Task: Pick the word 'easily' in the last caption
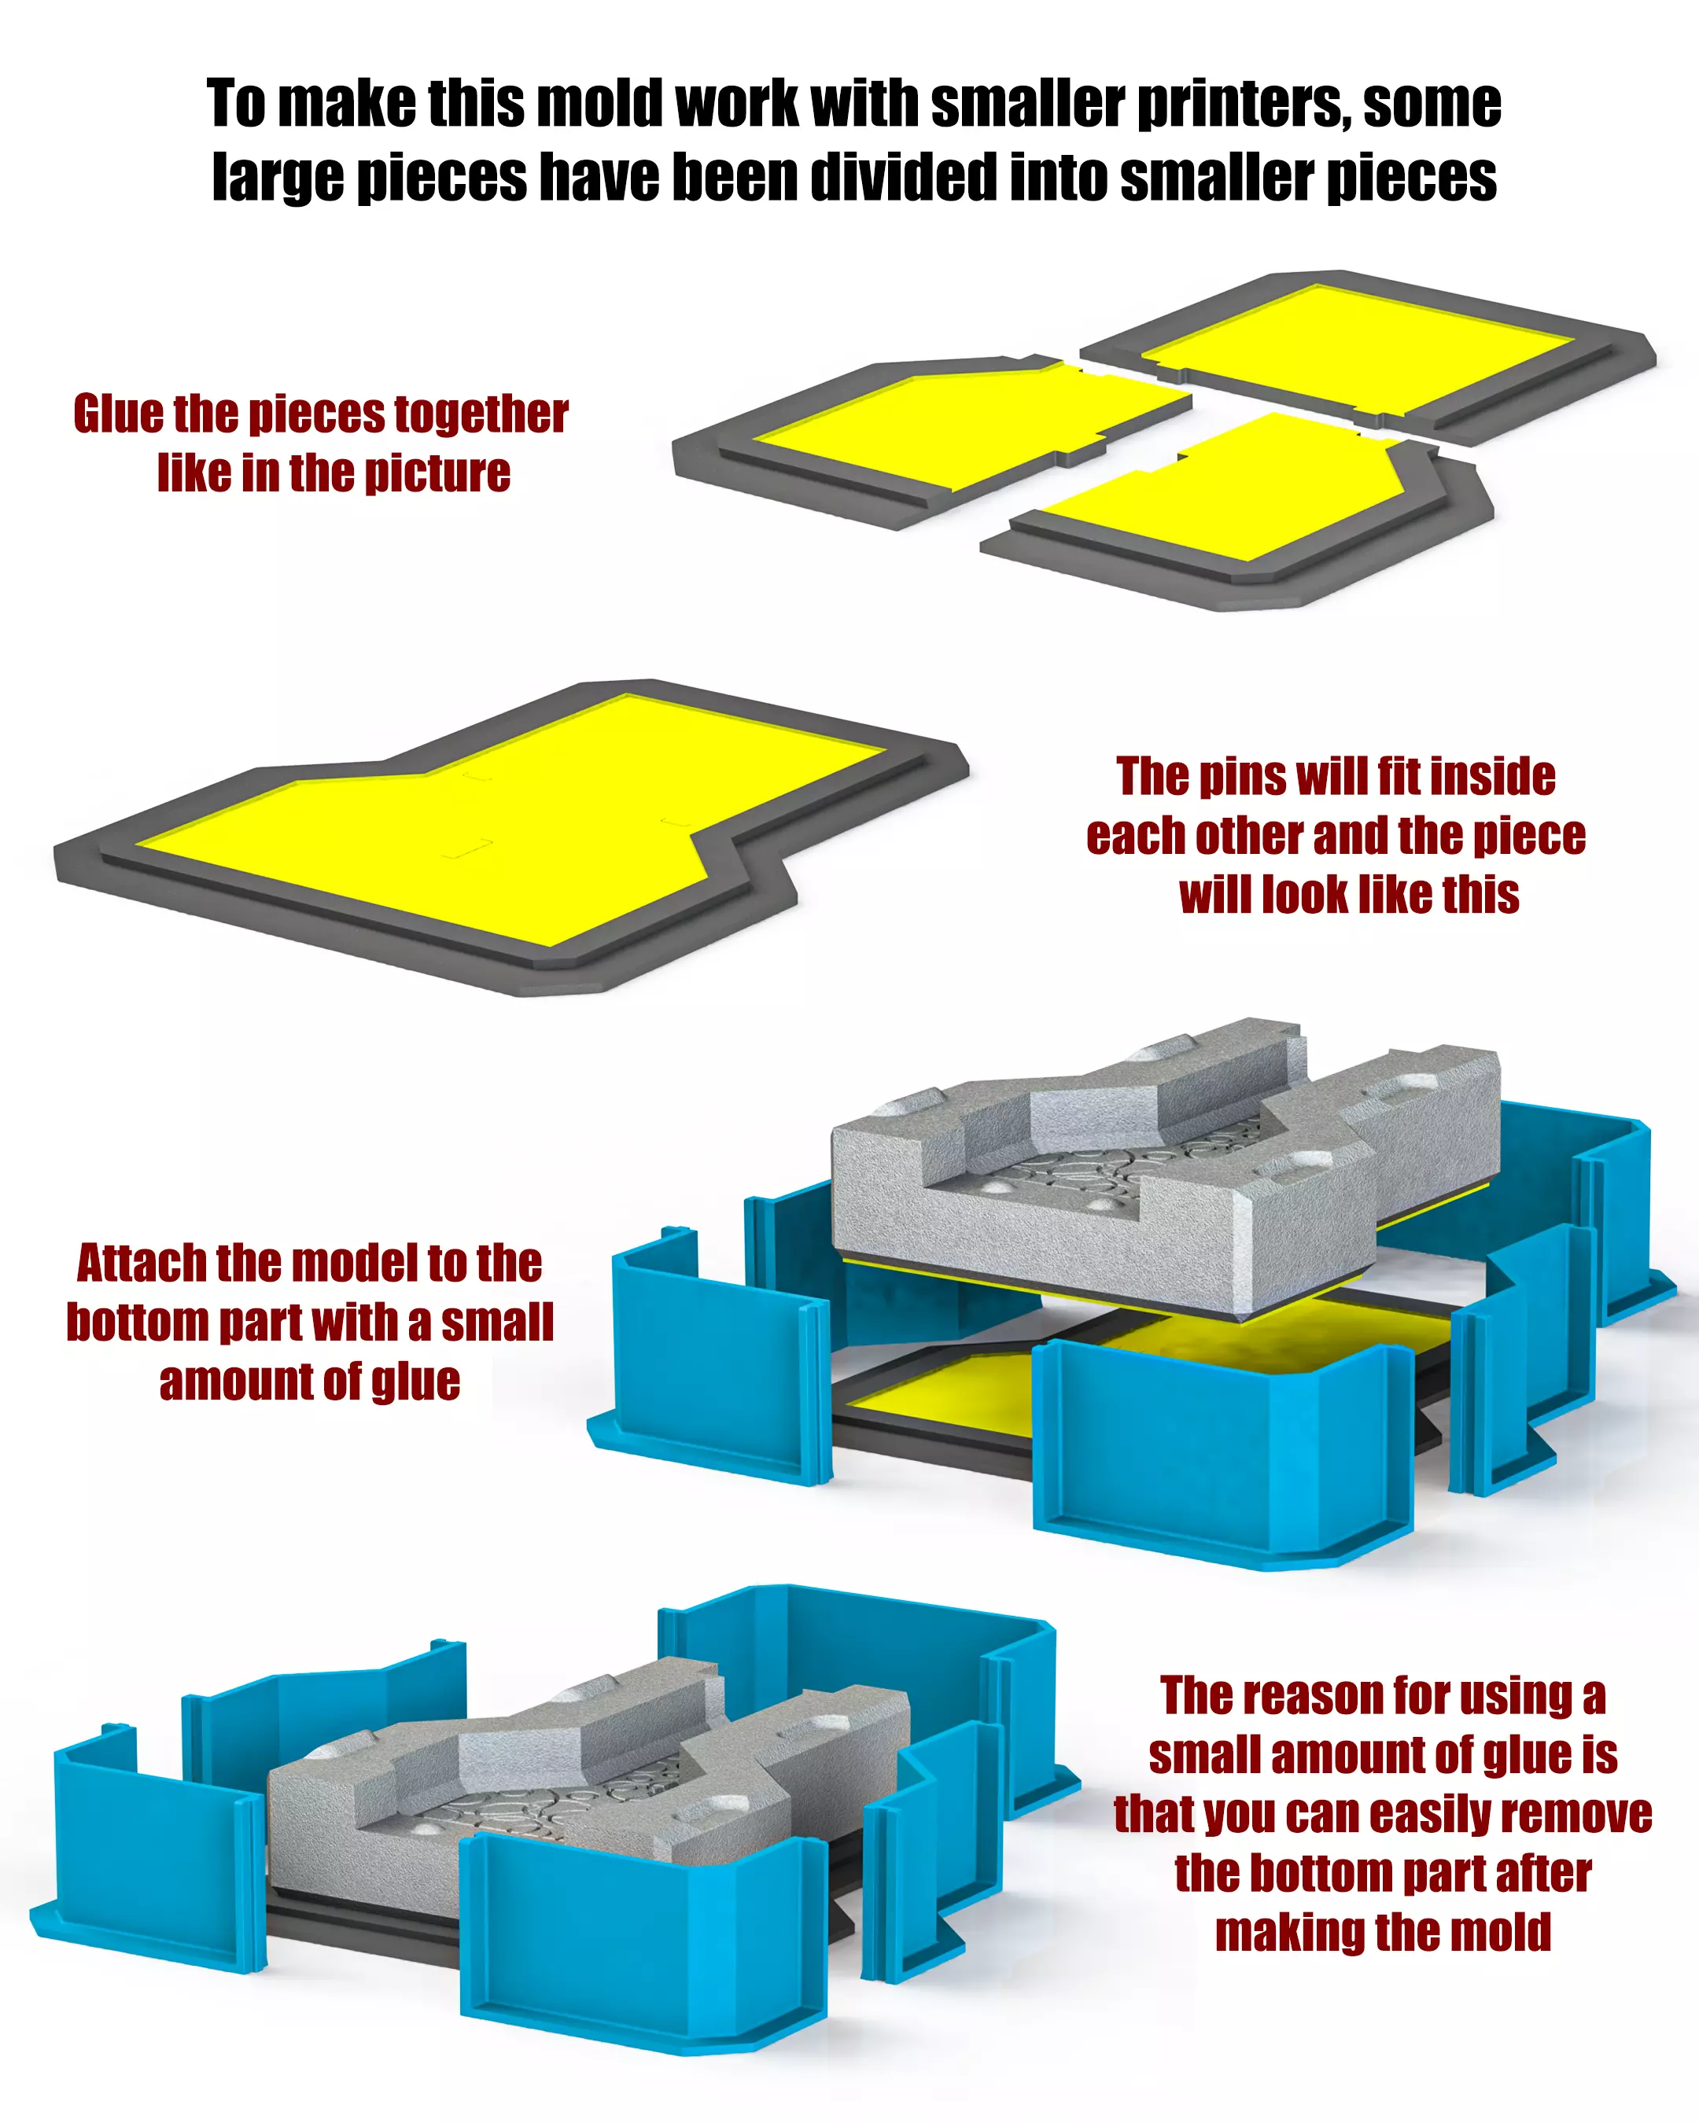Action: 1431,1815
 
